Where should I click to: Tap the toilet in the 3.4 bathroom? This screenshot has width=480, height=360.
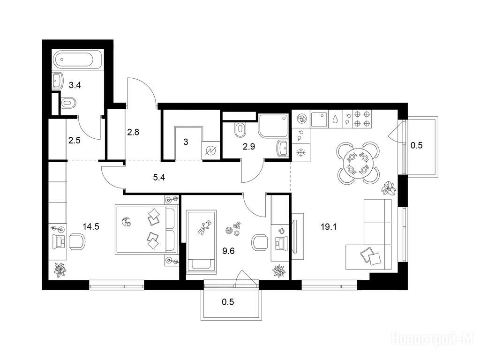pyautogui.click(x=68, y=103)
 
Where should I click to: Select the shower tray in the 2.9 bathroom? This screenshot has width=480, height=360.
pyautogui.click(x=273, y=126)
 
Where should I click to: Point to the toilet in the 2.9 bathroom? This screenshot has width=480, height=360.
pyautogui.click(x=240, y=130)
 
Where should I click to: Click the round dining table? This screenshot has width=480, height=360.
pyautogui.click(x=358, y=163)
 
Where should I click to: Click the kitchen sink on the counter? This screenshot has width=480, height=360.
pyautogui.click(x=319, y=119)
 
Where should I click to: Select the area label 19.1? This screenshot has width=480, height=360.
pyautogui.click(x=329, y=227)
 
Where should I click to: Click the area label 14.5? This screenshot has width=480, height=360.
pyautogui.click(x=91, y=226)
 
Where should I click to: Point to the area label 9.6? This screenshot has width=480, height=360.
pyautogui.click(x=228, y=251)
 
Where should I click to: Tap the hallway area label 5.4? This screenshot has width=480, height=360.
pyautogui.click(x=159, y=177)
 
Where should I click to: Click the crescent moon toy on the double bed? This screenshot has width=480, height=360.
pyautogui.click(x=126, y=222)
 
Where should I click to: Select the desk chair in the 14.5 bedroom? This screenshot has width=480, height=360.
pyautogui.click(x=76, y=241)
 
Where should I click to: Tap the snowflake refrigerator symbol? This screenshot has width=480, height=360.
pyautogui.click(x=301, y=152)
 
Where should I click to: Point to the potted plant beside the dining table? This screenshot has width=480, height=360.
pyautogui.click(x=389, y=188)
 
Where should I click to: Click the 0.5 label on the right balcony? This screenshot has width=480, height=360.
pyautogui.click(x=416, y=145)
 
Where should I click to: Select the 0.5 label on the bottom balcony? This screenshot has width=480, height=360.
pyautogui.click(x=228, y=302)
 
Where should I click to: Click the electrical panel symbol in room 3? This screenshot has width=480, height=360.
pyautogui.click(x=210, y=150)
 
